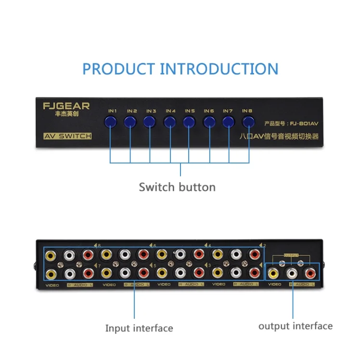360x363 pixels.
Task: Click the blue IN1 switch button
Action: click(x=110, y=122)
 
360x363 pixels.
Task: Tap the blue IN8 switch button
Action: click(x=248, y=122)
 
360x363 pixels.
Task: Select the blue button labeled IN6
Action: click(x=209, y=122)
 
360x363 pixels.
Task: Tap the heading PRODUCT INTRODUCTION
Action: click(x=180, y=69)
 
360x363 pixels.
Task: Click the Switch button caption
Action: click(x=177, y=187)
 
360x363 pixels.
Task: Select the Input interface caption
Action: click(x=139, y=328)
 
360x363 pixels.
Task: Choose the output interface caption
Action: click(x=295, y=326)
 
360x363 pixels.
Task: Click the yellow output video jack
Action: click(x=274, y=274)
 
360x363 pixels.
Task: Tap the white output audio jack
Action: click(x=292, y=274)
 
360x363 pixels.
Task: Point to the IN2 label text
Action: click(x=132, y=111)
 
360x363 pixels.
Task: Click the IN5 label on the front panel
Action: click(x=190, y=111)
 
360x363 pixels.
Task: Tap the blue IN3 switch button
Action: click(x=149, y=122)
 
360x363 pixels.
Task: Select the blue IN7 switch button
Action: click(x=229, y=122)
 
